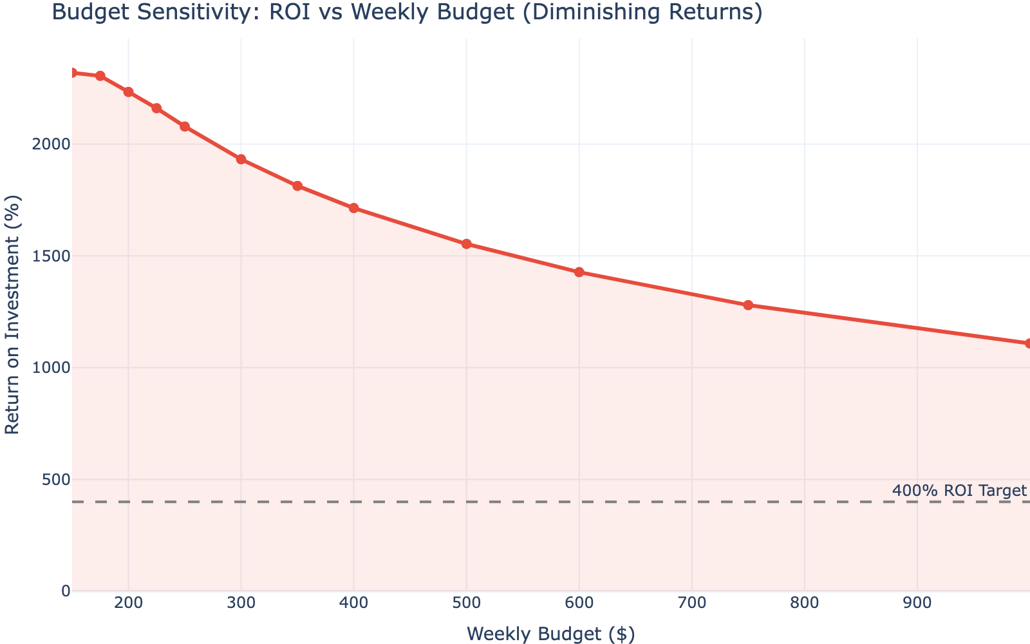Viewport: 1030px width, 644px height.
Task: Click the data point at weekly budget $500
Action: click(x=467, y=244)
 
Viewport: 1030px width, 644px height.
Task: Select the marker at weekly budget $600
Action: click(x=579, y=272)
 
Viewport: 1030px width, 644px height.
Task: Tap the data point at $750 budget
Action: click(x=748, y=305)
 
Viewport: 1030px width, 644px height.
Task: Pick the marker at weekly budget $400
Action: click(x=354, y=208)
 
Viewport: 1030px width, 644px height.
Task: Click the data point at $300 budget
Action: click(x=241, y=159)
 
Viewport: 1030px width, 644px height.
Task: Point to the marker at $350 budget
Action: click(x=297, y=186)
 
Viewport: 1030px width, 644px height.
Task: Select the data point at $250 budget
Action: click(x=185, y=127)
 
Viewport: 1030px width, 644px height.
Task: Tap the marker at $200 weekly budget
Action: click(x=129, y=92)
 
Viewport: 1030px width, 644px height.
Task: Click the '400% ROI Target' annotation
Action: click(x=959, y=491)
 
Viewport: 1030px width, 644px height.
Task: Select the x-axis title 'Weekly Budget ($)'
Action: click(x=550, y=634)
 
